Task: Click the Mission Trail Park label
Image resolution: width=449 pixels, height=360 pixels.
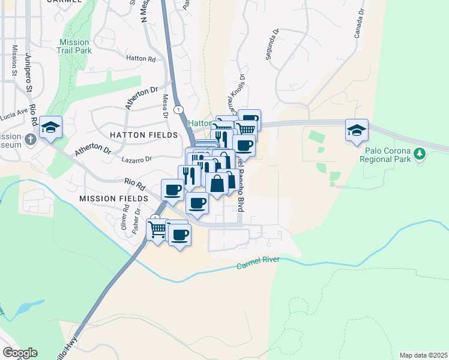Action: click(x=74, y=47)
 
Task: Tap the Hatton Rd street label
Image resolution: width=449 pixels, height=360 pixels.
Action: click(x=141, y=59)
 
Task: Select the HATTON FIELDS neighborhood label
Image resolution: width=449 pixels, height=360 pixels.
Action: click(x=144, y=135)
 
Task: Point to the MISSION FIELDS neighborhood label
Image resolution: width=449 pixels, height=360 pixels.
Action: click(x=114, y=198)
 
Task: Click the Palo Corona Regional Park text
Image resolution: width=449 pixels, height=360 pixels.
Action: click(x=385, y=155)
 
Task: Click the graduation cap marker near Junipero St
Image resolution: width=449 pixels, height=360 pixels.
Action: click(x=52, y=128)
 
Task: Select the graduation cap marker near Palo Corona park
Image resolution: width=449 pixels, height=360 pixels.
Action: click(x=357, y=130)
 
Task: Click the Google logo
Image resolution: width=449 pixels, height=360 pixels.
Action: click(x=20, y=353)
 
